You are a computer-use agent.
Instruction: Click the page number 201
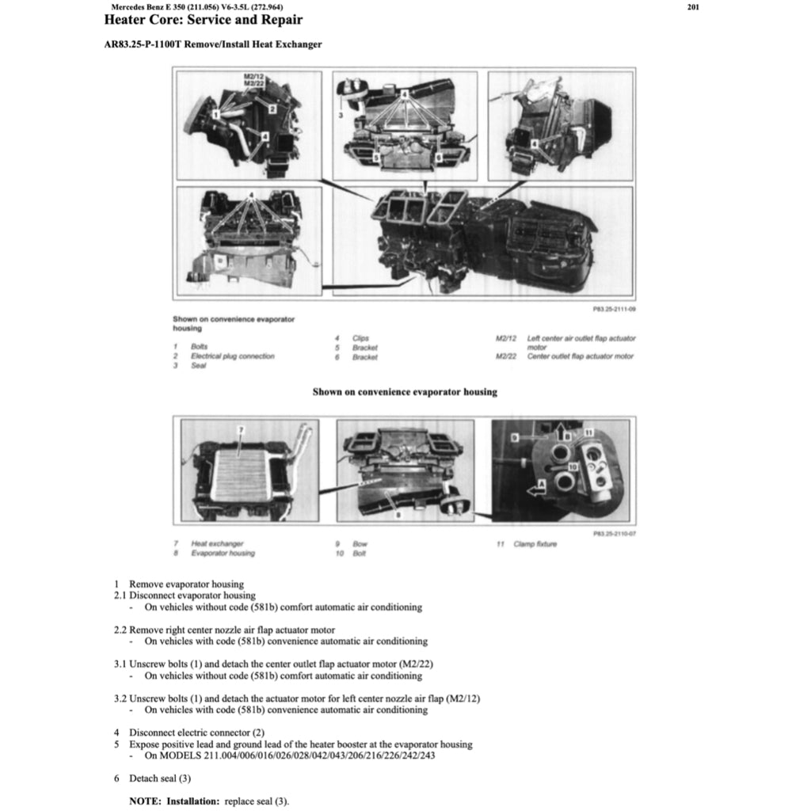(694, 7)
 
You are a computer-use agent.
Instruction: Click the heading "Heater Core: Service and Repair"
(204, 20)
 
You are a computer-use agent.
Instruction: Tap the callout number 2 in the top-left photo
(271, 108)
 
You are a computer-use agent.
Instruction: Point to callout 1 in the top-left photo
(215, 115)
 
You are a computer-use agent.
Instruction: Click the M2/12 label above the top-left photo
(254, 76)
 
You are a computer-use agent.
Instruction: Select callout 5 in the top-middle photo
(377, 158)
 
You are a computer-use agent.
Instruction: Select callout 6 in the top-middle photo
(438, 158)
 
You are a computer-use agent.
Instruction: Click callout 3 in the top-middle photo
(340, 116)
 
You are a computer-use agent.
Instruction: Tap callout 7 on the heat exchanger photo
(243, 430)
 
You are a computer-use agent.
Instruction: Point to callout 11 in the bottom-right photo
(589, 431)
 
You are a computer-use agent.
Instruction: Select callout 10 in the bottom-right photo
(573, 468)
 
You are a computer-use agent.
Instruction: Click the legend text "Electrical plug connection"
(232, 356)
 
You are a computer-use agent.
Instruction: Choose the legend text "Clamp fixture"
(535, 544)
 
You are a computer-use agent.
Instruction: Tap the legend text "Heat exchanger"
(217, 544)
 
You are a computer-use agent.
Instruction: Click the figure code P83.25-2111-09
(614, 309)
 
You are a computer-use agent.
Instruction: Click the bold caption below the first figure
(405, 392)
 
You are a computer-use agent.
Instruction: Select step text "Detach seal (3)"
(160, 779)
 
